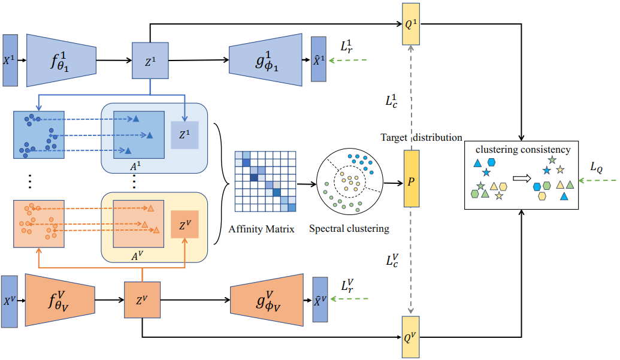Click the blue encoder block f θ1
point(62,60)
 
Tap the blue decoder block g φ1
point(265,60)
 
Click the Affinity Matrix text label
point(262,228)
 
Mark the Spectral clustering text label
point(349,228)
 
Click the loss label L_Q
point(596,168)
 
